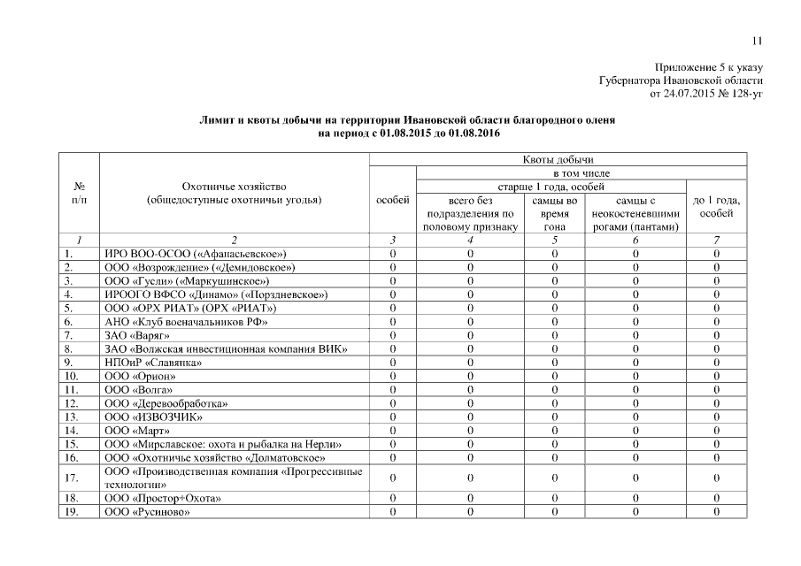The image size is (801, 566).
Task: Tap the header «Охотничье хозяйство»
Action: pyautogui.click(x=234, y=187)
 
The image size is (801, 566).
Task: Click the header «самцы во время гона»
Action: pyautogui.click(x=554, y=213)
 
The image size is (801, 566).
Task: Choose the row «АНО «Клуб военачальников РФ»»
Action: pyautogui.click(x=180, y=322)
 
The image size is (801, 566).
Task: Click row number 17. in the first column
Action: pyautogui.click(x=72, y=478)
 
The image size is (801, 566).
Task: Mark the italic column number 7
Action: pyautogui.click(x=716, y=240)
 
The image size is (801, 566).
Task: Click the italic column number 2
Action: pyautogui.click(x=234, y=240)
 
